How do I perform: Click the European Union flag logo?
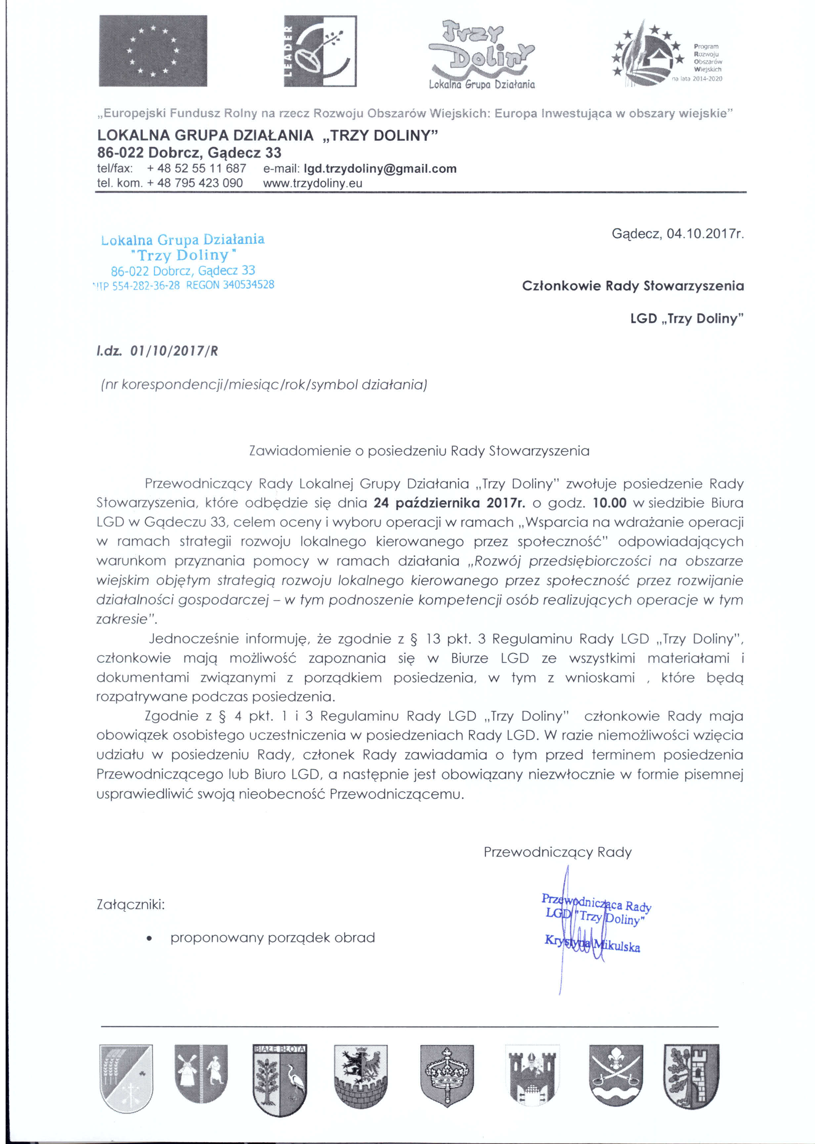coord(153,51)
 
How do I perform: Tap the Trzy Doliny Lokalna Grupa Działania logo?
coord(482,55)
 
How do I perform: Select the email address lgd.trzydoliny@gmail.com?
coord(380,169)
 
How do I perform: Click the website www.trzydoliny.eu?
coord(313,183)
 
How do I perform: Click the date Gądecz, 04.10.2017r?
coord(677,234)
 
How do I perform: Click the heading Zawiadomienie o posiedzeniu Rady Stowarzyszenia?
coord(419,451)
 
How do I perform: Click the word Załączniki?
coord(130,905)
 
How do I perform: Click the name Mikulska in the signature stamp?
coord(618,947)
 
